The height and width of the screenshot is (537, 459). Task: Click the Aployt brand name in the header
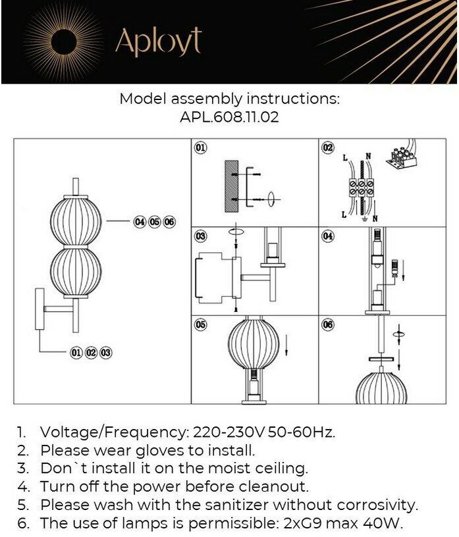[158, 41]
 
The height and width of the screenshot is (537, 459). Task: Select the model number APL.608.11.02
[229, 117]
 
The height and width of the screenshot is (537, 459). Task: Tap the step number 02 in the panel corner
[328, 147]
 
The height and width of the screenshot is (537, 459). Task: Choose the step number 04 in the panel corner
[328, 236]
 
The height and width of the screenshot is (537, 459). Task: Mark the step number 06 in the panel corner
[328, 324]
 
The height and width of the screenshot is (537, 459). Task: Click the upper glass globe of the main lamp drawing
[76, 220]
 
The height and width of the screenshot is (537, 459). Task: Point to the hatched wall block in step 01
[232, 186]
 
